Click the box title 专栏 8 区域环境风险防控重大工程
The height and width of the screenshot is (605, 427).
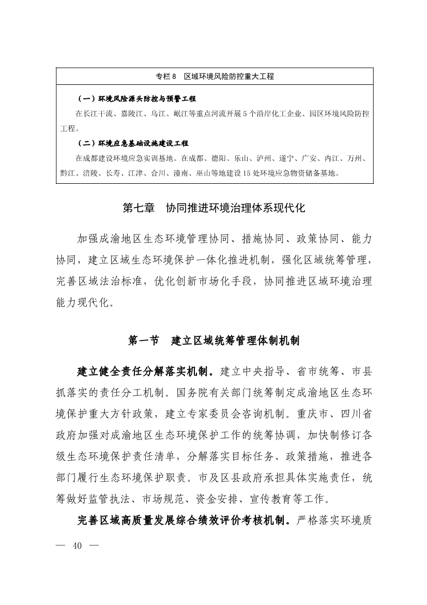click(215, 76)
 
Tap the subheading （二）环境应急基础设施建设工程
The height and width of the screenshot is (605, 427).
click(133, 143)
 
